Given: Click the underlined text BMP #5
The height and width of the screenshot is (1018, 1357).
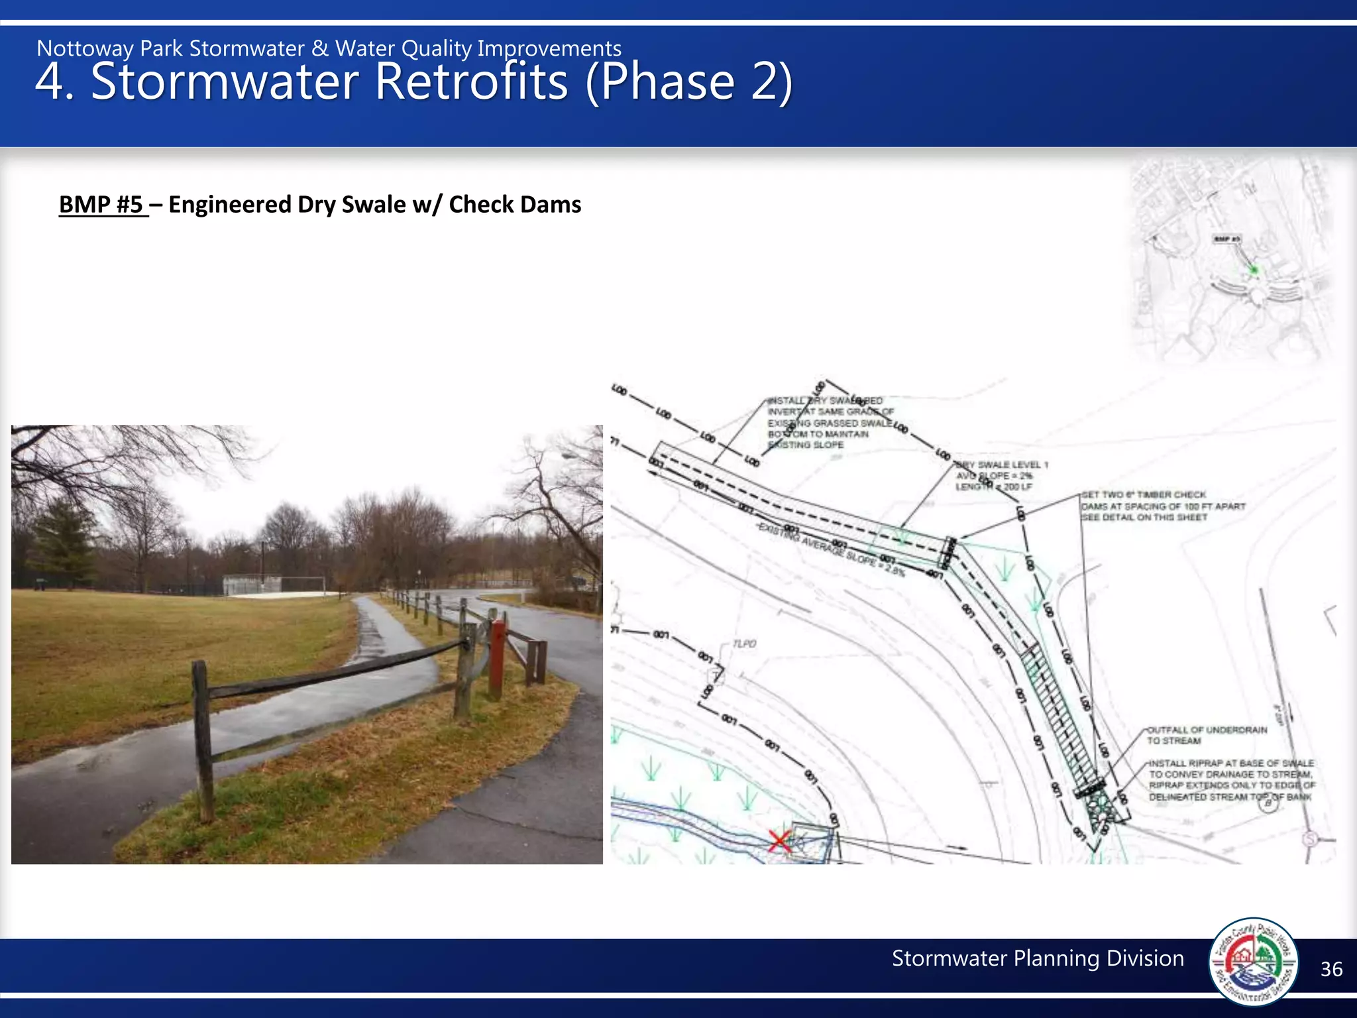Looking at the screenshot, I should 101,205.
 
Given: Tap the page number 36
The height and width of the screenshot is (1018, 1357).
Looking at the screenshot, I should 1331,970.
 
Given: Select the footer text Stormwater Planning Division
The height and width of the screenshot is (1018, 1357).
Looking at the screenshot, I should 1038,958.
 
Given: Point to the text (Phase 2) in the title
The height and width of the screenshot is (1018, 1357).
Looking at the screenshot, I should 688,82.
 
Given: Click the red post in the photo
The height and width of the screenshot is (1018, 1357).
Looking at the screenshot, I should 496,659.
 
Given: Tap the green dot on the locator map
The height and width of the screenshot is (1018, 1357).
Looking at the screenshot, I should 1253,270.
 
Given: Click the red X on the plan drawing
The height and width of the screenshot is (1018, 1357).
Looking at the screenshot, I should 780,840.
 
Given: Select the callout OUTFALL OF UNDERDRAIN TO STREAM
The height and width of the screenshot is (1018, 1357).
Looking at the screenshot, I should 1207,735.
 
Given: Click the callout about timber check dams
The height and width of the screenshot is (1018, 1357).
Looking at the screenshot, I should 1163,506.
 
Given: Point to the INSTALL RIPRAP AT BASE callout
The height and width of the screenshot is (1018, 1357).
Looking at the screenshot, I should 1231,779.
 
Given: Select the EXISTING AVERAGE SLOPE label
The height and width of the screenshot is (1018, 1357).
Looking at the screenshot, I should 832,549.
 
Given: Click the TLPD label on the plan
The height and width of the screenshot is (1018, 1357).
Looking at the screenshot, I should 745,644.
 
